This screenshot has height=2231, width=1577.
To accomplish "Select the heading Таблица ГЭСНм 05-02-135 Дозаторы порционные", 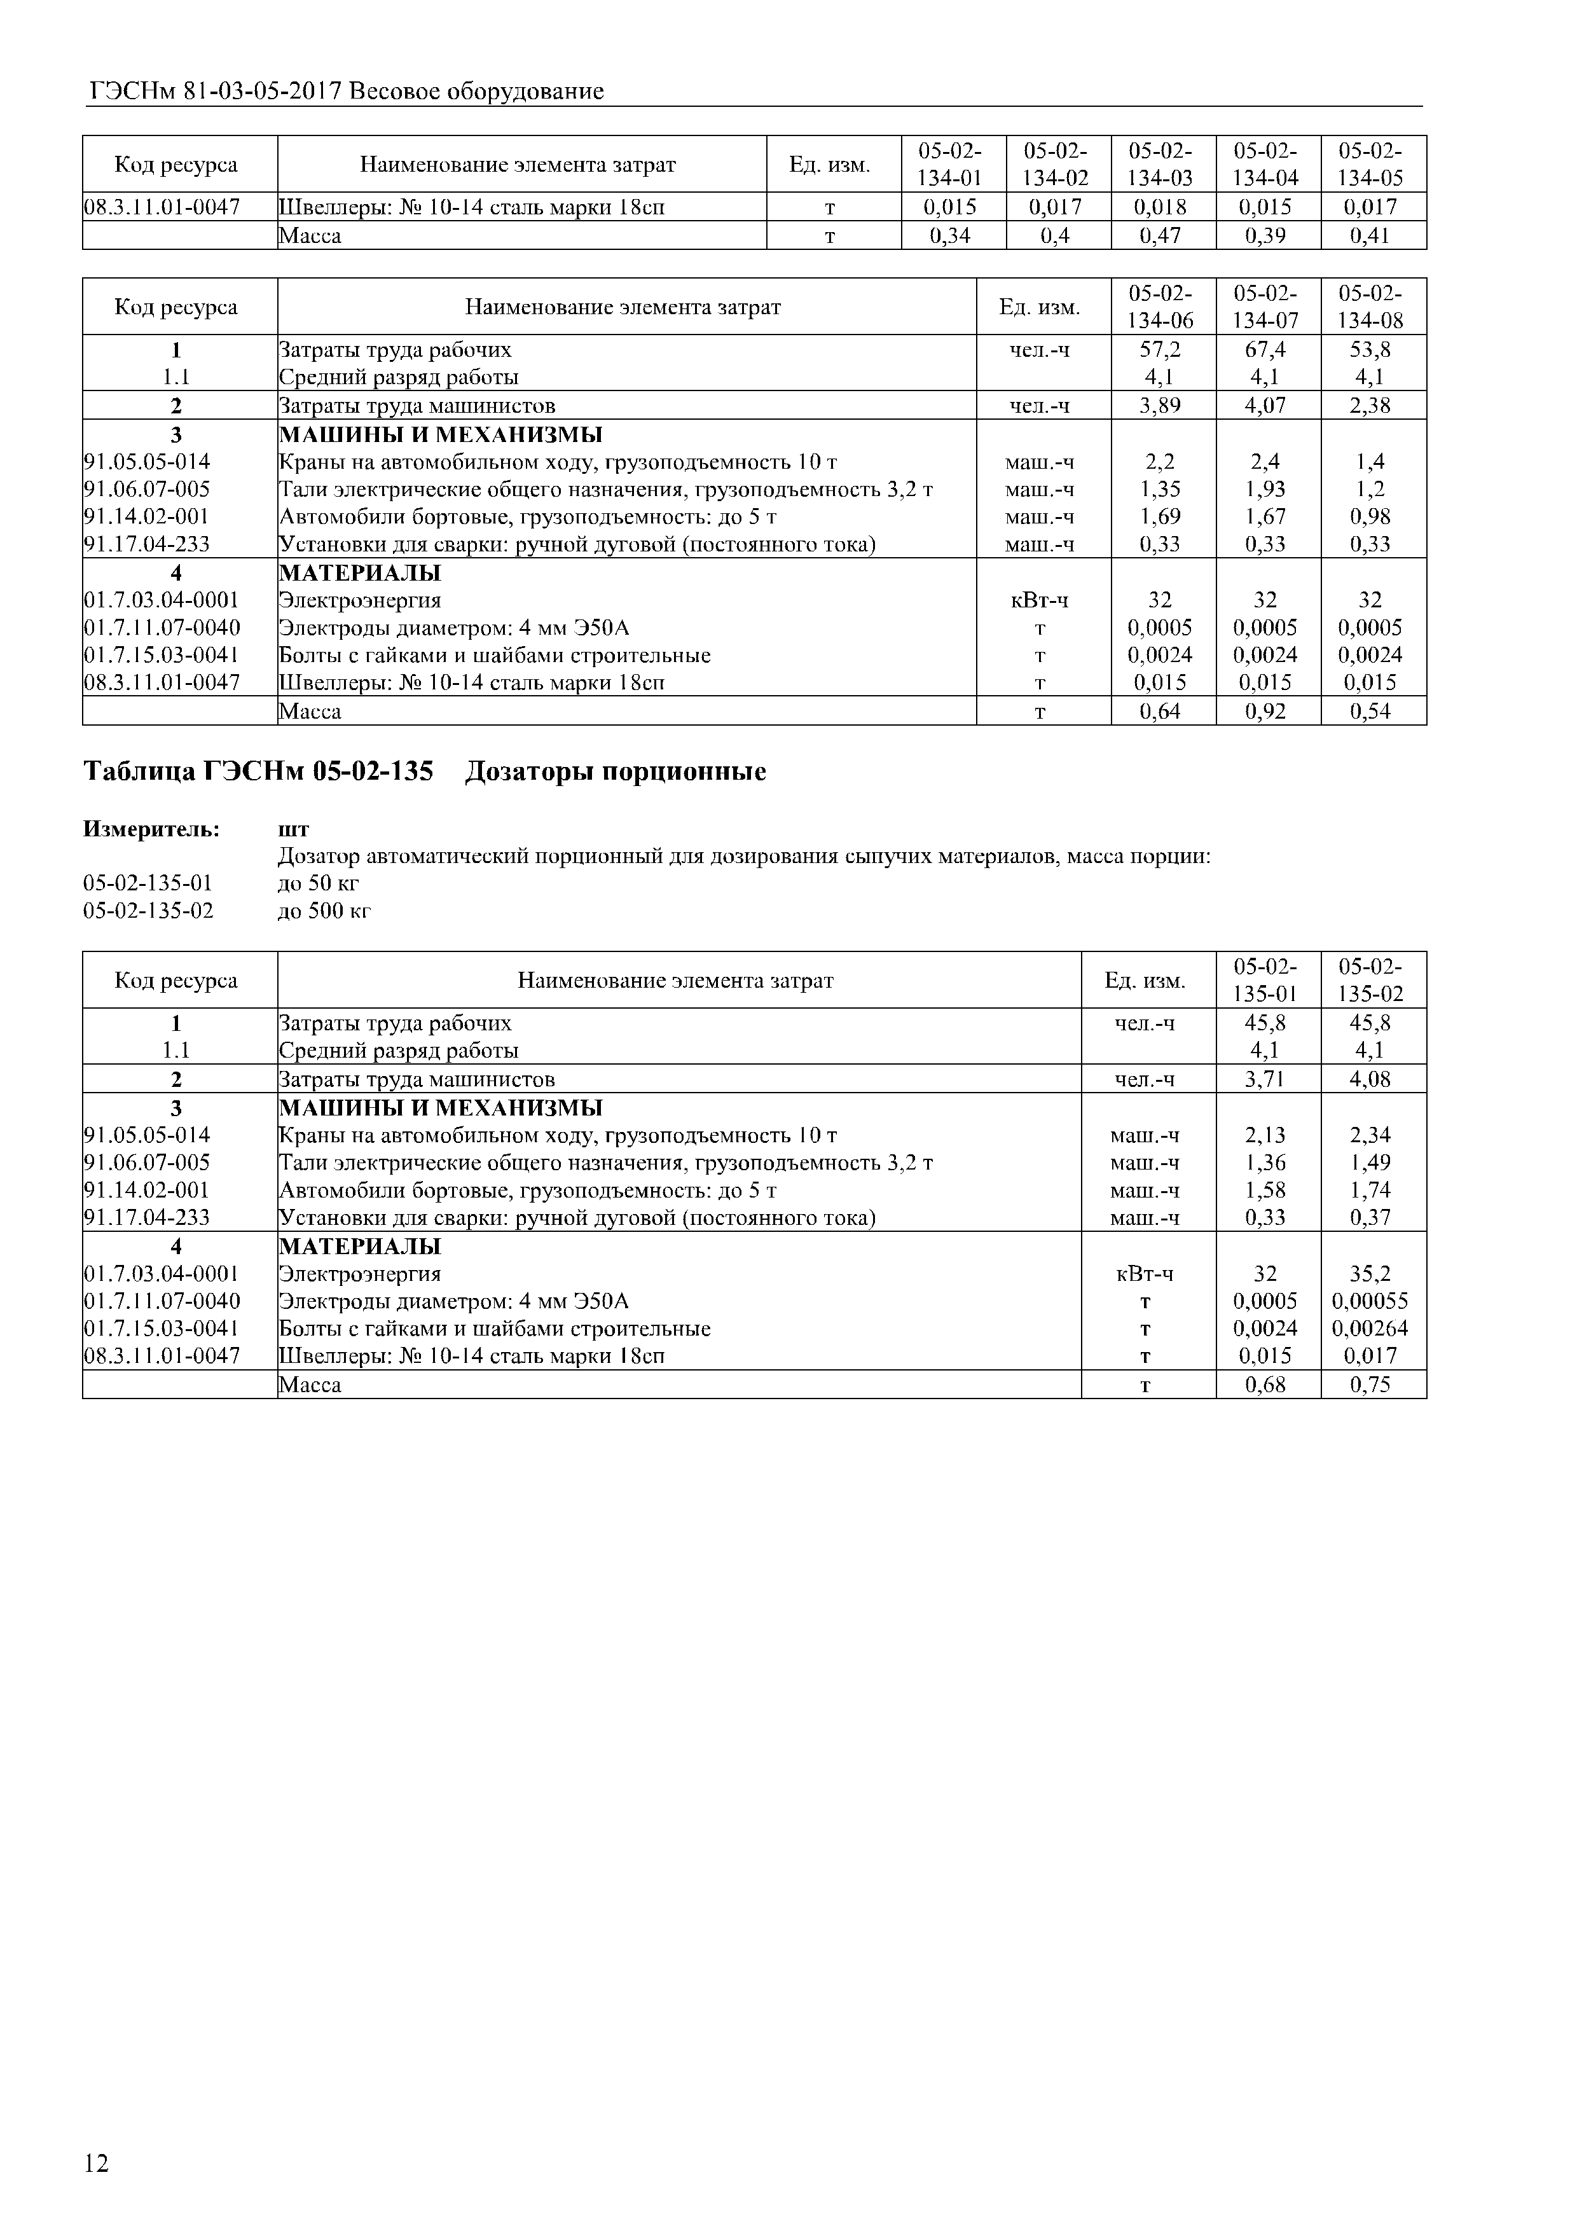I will click(425, 773).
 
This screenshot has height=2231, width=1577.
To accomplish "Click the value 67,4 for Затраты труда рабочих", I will click(1266, 350).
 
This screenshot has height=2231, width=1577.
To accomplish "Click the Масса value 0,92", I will click(1266, 711).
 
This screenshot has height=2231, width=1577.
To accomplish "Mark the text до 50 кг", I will click(319, 884).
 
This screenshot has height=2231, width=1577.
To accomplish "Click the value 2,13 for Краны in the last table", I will click(1266, 1136).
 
